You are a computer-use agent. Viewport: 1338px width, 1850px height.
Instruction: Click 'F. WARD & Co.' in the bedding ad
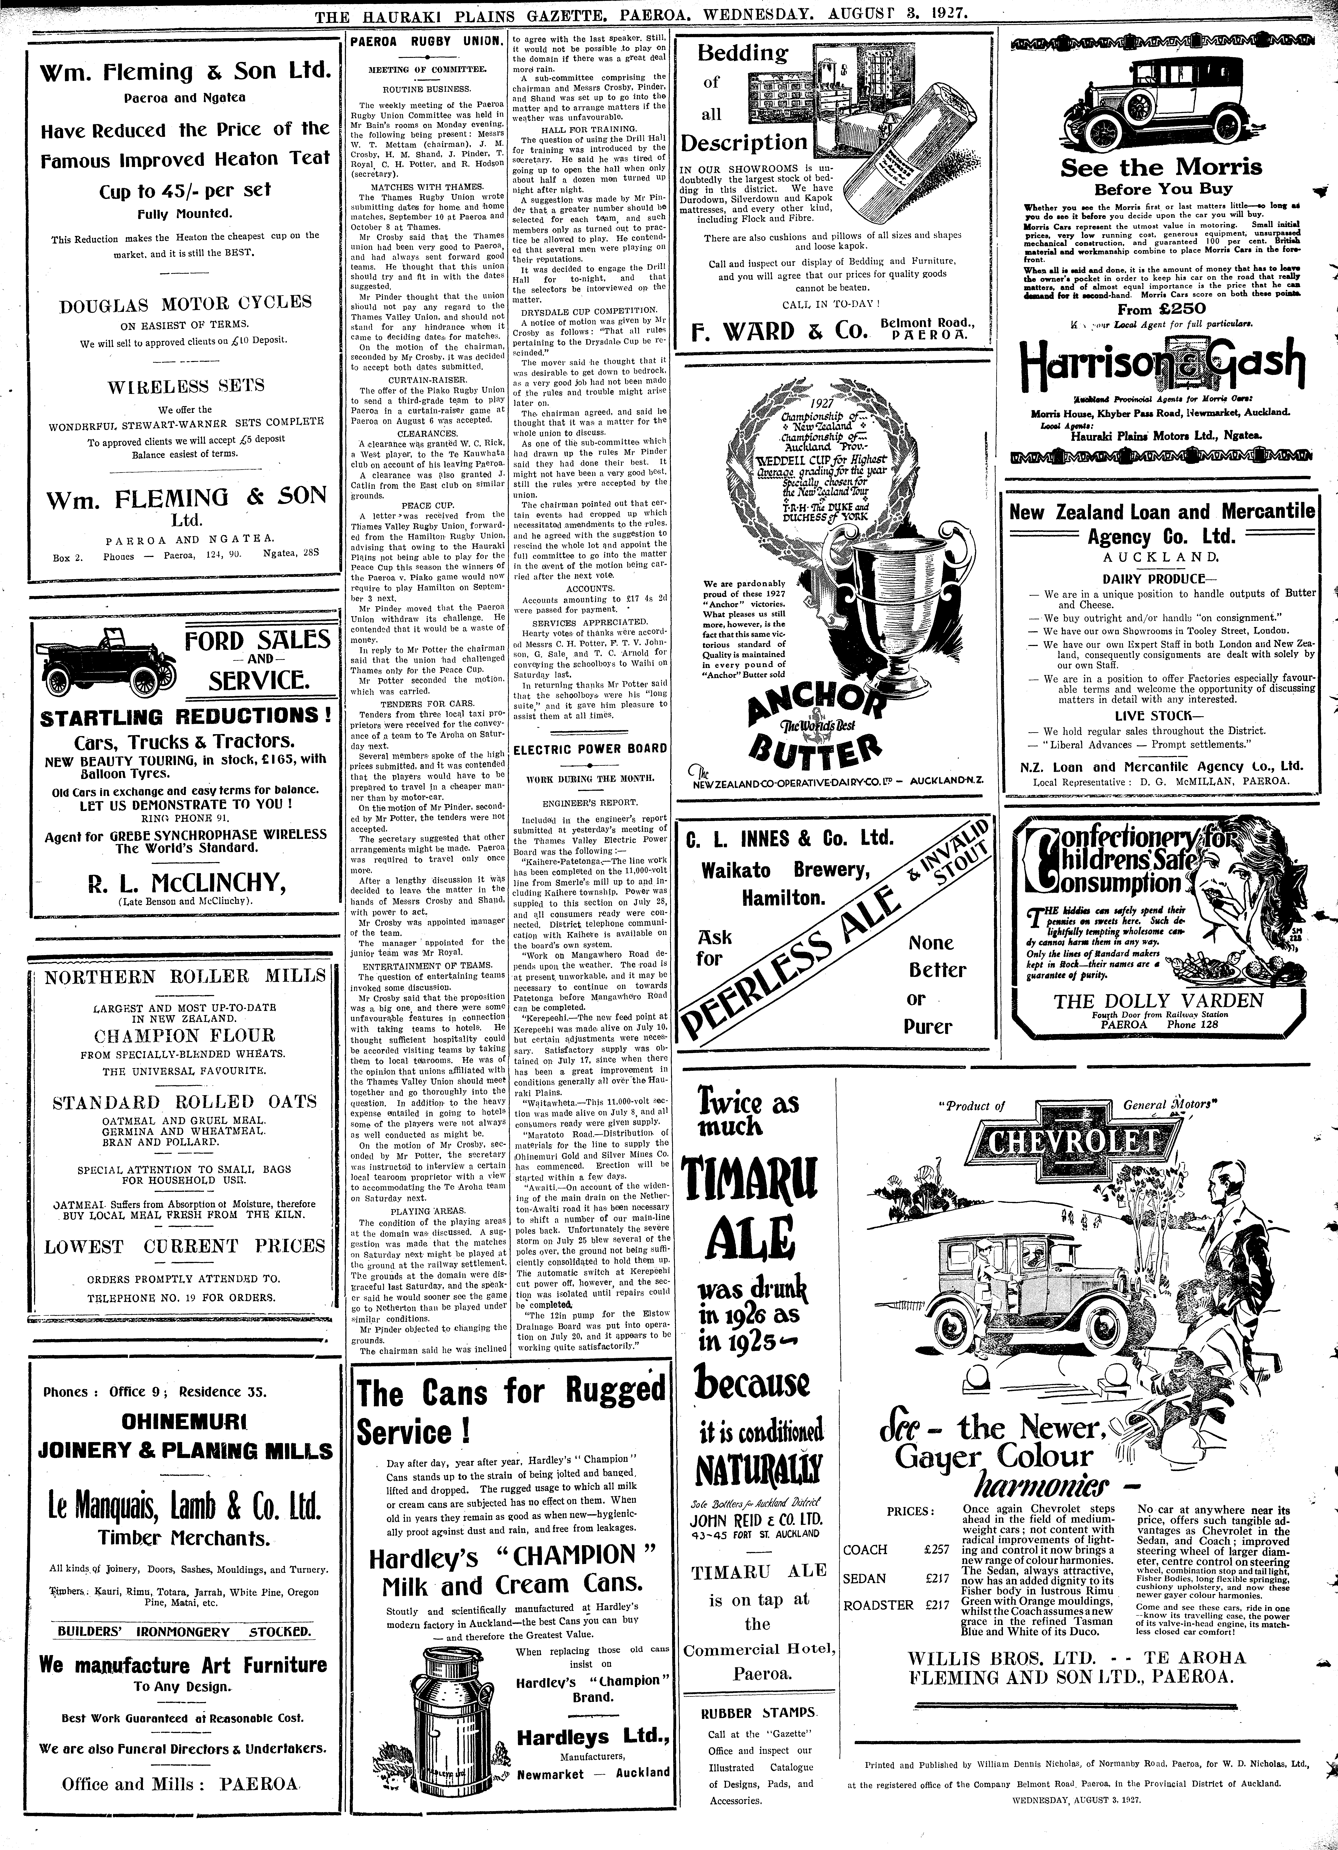775,332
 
